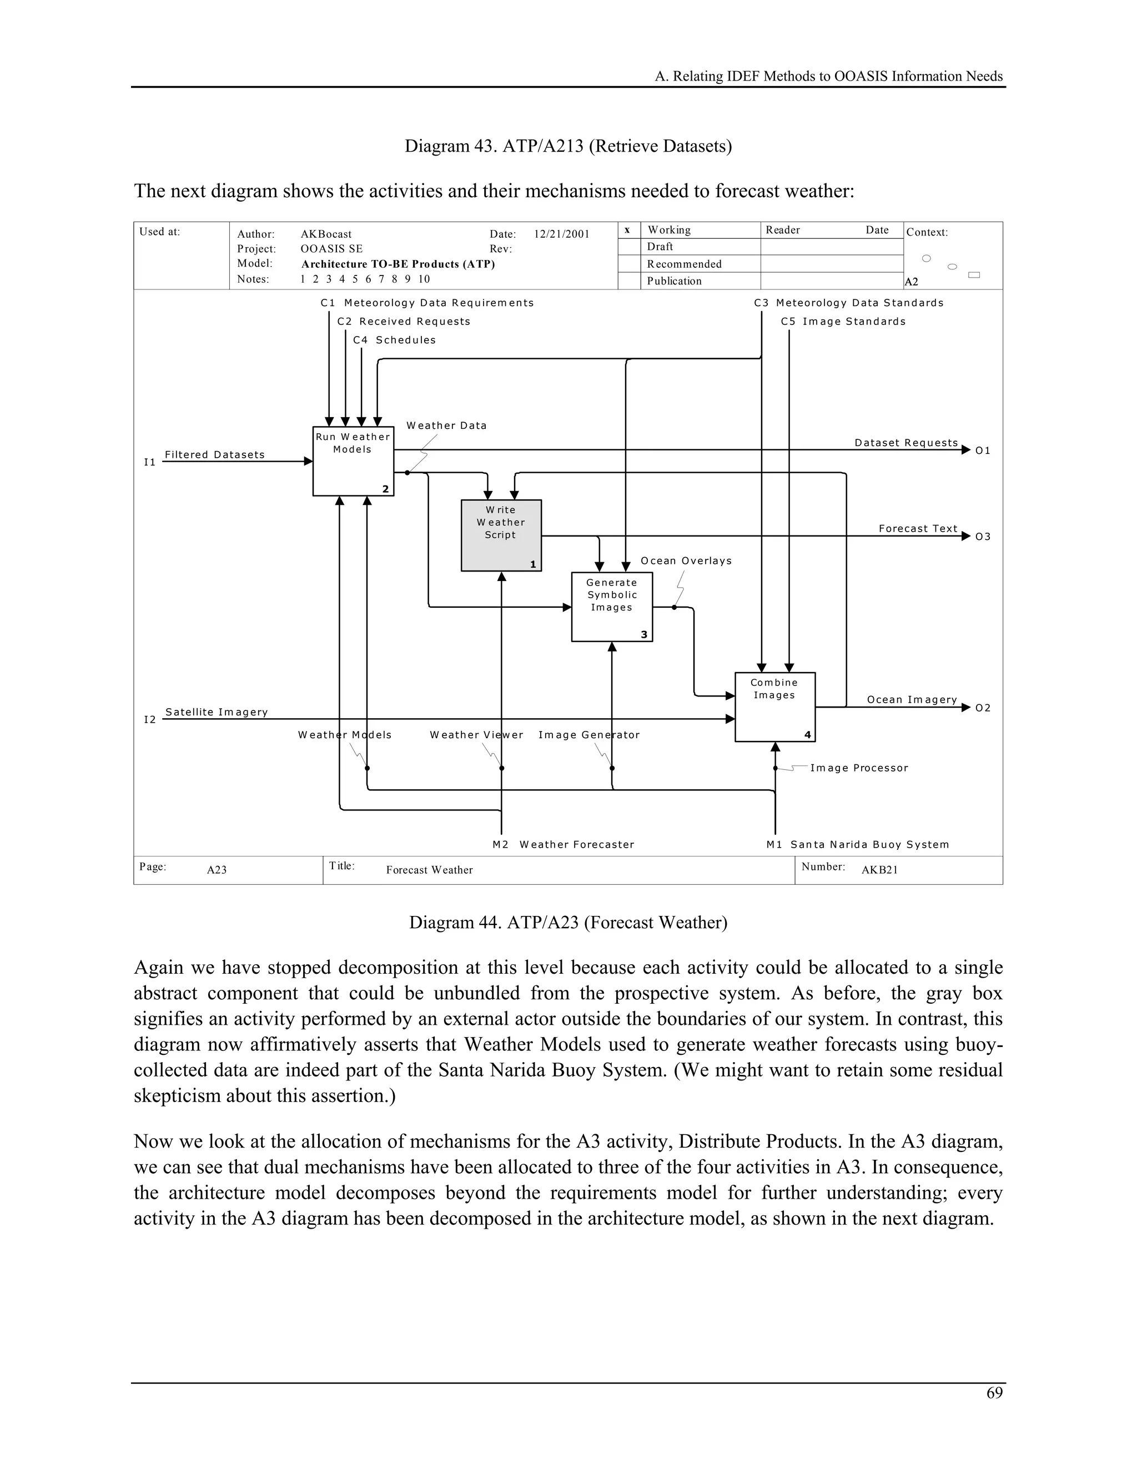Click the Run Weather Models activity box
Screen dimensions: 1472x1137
(353, 462)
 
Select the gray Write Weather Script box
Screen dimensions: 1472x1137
(501, 535)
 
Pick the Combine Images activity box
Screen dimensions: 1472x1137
(774, 707)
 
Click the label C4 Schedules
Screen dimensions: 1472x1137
(394, 341)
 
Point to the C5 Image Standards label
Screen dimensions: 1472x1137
(843, 322)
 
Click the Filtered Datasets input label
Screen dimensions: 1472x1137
(214, 455)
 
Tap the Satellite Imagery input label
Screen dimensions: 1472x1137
(216, 713)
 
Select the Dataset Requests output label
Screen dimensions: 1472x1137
(906, 443)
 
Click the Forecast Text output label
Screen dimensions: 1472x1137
(917, 528)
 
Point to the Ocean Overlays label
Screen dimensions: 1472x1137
(686, 561)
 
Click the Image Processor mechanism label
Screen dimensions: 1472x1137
(859, 768)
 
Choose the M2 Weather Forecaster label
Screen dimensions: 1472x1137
(563, 844)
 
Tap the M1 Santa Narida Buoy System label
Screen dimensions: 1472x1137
(857, 844)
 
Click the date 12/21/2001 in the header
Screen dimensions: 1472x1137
(561, 234)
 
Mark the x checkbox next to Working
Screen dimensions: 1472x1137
(628, 231)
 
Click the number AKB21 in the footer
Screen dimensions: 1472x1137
(879, 870)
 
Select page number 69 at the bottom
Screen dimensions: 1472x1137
(994, 1393)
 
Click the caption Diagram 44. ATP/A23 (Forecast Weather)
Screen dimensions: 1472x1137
(568, 922)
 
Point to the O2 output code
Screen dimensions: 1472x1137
(983, 708)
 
